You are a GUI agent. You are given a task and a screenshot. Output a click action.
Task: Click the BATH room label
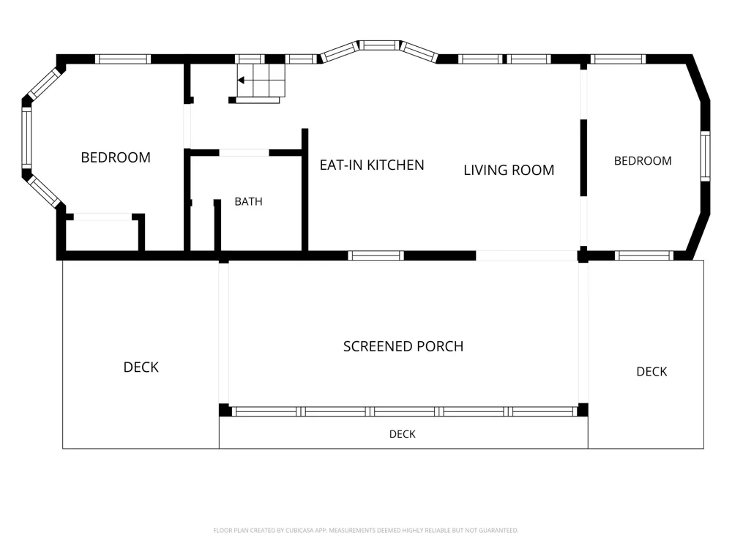[x=248, y=202]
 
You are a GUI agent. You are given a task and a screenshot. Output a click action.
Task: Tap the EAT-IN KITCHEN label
[x=372, y=165]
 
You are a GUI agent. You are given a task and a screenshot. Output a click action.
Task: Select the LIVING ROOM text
[x=509, y=170]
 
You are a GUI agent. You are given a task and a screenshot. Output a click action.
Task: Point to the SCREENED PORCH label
[x=403, y=346]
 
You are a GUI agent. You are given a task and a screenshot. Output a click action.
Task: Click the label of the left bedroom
[x=116, y=157]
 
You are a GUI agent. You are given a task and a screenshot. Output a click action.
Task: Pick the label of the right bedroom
[x=643, y=161]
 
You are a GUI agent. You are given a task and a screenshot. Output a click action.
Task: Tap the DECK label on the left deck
[x=141, y=367]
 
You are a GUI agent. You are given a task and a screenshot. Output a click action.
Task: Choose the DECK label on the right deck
[x=651, y=372]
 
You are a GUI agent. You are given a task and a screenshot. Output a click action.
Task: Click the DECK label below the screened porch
[x=403, y=434]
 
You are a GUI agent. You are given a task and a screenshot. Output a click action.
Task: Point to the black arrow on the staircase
[x=241, y=81]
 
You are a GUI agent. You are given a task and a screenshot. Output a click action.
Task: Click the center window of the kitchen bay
[x=379, y=45]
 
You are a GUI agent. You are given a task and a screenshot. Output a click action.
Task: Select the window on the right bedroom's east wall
[x=705, y=156]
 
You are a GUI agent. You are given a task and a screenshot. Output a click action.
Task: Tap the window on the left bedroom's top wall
[x=123, y=59]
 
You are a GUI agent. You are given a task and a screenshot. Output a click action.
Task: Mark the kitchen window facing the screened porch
[x=376, y=255]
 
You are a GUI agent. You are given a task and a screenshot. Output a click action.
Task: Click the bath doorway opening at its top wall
[x=244, y=153]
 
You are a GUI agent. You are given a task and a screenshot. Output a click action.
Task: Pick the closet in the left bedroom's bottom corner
[x=102, y=234]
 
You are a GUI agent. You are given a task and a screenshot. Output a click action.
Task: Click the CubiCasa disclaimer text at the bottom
[x=365, y=530]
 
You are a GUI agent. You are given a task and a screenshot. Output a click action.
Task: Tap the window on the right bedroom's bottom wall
[x=643, y=255]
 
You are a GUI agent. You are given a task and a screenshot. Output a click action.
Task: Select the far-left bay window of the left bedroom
[x=26, y=138]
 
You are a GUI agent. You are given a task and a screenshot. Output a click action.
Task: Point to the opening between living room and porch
[x=526, y=255]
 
